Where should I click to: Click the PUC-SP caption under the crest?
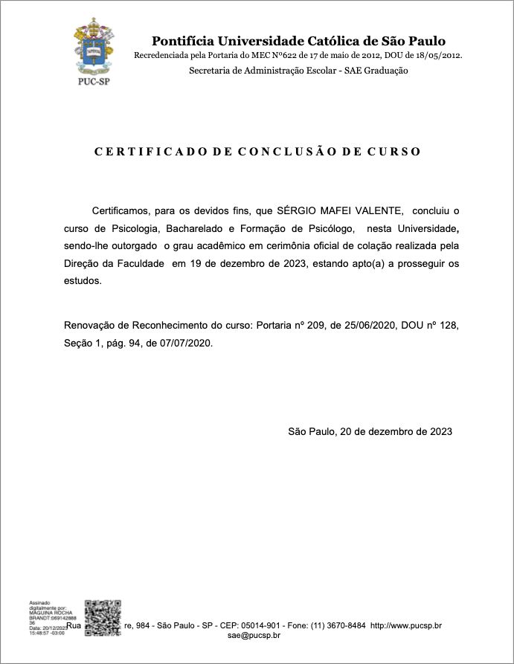(x=93, y=82)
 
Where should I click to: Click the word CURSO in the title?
(x=393, y=152)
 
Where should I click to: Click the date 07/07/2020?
(x=187, y=344)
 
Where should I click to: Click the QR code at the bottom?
(x=103, y=618)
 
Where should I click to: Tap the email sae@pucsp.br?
(x=254, y=636)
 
